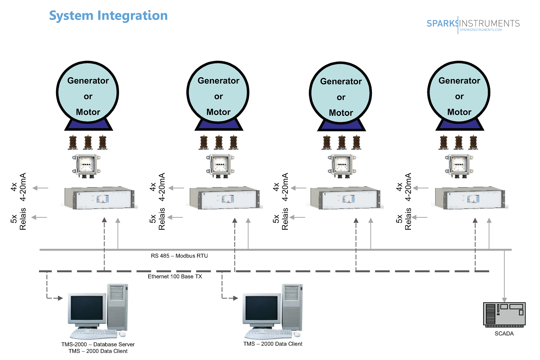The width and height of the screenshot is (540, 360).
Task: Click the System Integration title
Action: click(108, 16)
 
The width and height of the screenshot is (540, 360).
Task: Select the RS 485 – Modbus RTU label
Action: click(179, 256)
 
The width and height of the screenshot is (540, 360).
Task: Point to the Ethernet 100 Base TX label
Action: click(175, 277)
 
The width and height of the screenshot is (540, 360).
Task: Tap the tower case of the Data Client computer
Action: click(292, 307)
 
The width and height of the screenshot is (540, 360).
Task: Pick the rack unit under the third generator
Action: click(345, 198)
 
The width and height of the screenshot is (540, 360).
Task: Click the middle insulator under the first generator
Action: click(88, 143)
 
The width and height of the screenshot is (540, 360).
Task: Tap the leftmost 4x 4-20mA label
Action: click(18, 187)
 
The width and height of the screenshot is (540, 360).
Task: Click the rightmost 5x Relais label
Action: click(404, 219)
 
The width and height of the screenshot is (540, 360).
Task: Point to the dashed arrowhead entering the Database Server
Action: click(60, 298)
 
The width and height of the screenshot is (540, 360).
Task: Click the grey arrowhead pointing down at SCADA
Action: click(504, 300)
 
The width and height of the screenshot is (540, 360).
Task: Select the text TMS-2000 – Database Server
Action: click(98, 344)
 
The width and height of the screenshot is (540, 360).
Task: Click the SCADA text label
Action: click(504, 334)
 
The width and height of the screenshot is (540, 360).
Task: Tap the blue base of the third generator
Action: click(341, 125)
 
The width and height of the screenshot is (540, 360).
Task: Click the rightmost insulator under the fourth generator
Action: click(473, 143)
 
